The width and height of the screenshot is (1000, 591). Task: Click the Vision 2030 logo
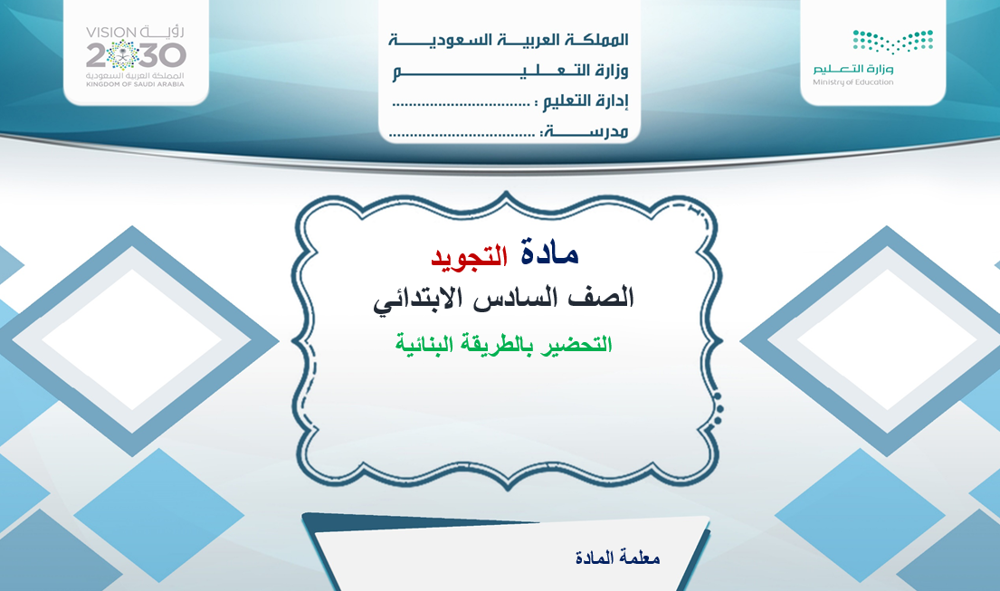(x=136, y=55)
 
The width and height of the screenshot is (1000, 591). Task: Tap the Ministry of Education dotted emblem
(x=893, y=42)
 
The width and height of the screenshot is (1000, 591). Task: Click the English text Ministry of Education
(x=852, y=82)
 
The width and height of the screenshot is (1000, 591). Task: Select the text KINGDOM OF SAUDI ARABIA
(x=135, y=84)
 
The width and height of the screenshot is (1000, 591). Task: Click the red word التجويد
(x=470, y=255)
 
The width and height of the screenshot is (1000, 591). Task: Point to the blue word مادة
(x=549, y=254)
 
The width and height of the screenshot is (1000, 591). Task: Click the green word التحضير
(x=576, y=345)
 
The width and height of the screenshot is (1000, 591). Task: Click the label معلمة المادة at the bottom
(x=617, y=558)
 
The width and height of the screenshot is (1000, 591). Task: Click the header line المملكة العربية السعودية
(x=509, y=40)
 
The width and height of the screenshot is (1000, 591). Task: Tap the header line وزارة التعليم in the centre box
(x=510, y=71)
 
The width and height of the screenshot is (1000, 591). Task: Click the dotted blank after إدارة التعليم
(x=462, y=103)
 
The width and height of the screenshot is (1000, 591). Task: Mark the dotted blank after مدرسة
(x=462, y=135)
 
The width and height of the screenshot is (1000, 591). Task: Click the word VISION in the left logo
(x=111, y=32)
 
